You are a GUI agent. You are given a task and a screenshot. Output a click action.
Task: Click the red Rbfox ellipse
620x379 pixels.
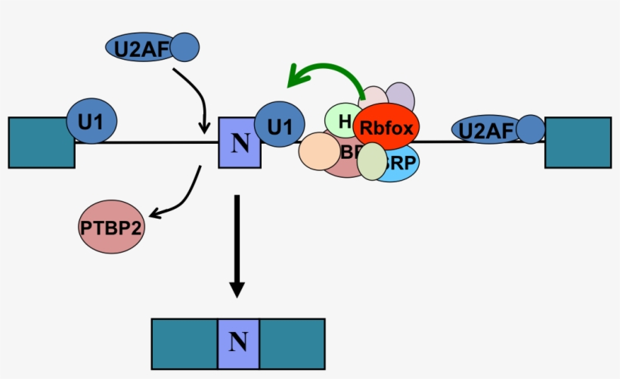[x=386, y=128]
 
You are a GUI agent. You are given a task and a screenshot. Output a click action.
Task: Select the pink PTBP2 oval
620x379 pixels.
[x=110, y=226]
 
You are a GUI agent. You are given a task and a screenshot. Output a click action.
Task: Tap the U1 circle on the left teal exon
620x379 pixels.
[x=91, y=119]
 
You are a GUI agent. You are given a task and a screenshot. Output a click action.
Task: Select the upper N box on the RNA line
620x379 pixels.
[x=239, y=142]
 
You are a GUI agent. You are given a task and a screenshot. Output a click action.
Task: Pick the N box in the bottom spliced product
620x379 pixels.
[x=238, y=343]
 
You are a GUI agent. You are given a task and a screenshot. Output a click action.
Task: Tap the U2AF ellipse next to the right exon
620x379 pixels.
[x=484, y=130]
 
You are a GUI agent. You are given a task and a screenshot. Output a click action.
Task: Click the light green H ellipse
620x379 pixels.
[x=341, y=120]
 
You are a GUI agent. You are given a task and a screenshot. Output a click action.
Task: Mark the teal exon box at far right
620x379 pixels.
[x=578, y=142]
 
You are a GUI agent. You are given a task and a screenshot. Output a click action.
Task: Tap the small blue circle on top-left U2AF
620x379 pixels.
[x=184, y=48]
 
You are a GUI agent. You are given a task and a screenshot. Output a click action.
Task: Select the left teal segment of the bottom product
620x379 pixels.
[x=184, y=343]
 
